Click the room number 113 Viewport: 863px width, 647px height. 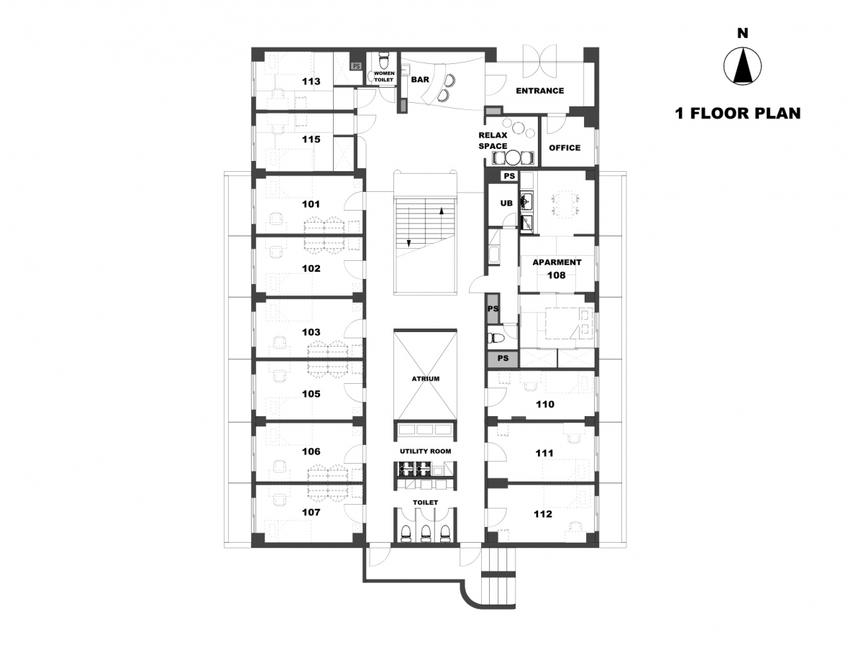coord(311,82)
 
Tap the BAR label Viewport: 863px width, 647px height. coord(420,80)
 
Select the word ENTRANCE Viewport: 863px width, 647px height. coord(540,91)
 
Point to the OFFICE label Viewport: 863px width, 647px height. coord(565,148)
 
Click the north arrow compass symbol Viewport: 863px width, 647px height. coord(742,66)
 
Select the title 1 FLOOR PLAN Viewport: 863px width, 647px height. coord(738,114)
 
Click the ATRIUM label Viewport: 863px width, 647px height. coord(426,379)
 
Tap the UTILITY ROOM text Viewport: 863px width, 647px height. coord(426,451)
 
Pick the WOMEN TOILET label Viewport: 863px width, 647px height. coord(384,77)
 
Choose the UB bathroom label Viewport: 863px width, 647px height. coord(506,203)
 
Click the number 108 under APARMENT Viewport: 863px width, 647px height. coord(557,275)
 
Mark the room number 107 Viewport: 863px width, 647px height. coord(311,513)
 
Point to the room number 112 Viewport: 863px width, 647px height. coord(543,514)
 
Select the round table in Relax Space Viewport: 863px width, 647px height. coord(513,158)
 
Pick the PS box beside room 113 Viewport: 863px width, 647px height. coord(356,66)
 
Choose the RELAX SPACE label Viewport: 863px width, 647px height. coord(493,141)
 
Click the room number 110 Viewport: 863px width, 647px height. coord(545,404)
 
